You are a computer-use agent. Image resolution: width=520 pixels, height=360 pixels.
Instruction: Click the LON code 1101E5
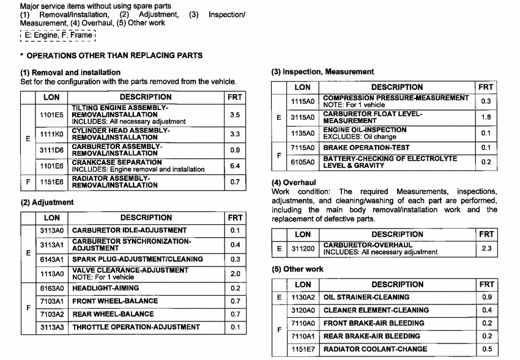pos(51,114)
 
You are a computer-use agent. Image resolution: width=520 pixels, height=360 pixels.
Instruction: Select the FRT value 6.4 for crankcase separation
pos(234,166)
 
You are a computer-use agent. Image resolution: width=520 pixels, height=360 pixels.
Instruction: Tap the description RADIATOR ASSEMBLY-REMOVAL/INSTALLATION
pos(115,182)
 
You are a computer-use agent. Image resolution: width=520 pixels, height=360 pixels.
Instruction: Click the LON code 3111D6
pos(51,150)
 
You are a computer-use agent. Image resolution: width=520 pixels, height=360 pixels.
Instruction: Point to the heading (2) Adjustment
pos(47,202)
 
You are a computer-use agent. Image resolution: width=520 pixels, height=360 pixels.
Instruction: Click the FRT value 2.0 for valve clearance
pos(235,274)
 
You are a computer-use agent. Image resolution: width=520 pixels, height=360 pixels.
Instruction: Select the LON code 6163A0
pos(51,288)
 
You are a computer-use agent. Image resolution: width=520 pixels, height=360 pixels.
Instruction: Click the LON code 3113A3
pos(51,327)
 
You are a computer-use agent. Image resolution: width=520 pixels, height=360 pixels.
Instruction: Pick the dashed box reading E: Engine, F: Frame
pos(58,35)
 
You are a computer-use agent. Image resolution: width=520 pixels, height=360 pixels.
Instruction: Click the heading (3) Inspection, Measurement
pos(322,72)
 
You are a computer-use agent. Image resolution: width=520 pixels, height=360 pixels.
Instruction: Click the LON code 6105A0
pos(302,162)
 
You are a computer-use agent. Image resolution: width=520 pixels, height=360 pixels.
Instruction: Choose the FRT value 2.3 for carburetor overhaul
pos(486,249)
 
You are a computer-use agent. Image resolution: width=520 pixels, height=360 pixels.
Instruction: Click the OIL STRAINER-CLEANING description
pos(366,297)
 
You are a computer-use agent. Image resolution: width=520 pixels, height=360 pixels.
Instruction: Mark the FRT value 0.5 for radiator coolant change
pos(486,349)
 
